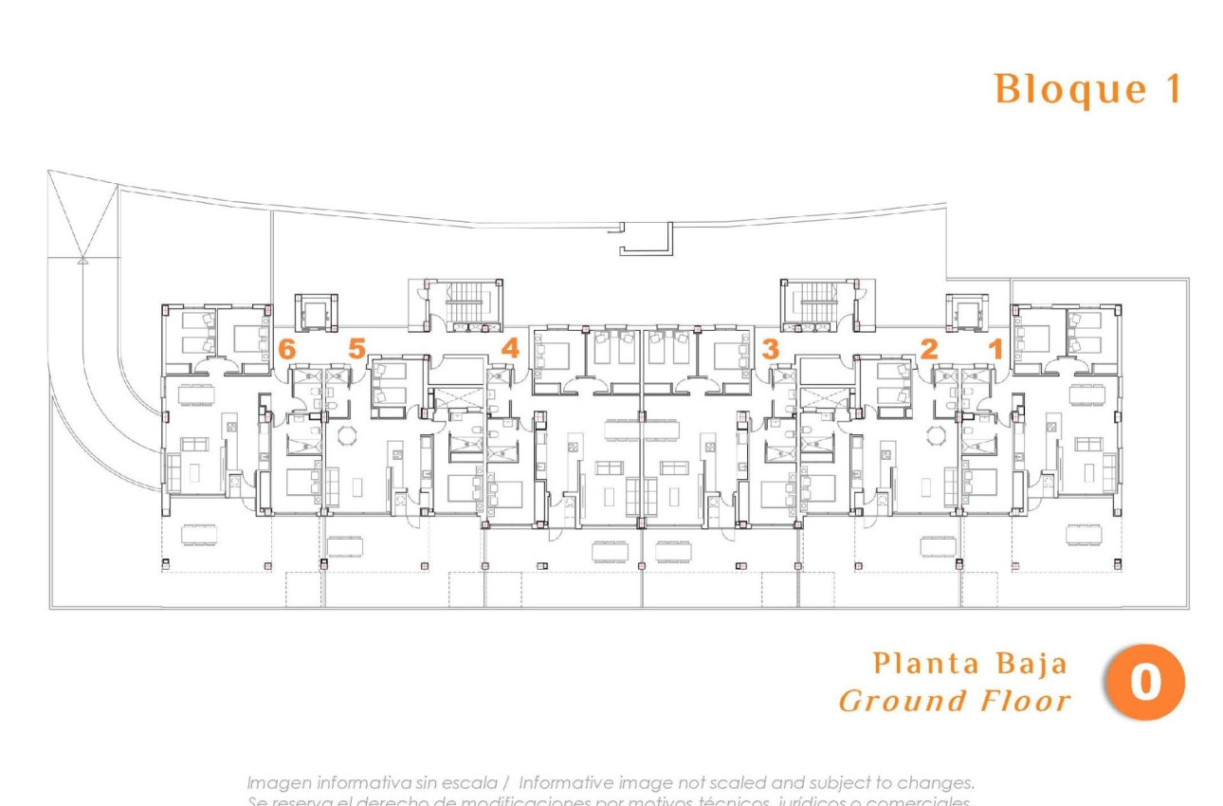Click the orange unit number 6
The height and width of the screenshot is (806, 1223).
(287, 349)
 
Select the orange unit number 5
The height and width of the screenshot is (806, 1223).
(356, 349)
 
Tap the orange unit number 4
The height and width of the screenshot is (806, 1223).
(510, 349)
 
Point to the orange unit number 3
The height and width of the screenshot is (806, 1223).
(770, 349)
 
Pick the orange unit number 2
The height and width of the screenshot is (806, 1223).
(929, 349)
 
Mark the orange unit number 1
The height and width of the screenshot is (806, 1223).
(995, 349)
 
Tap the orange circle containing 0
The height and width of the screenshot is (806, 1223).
(1145, 682)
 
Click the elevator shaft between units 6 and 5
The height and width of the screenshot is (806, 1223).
(314, 312)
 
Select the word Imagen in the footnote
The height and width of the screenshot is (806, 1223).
(279, 783)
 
